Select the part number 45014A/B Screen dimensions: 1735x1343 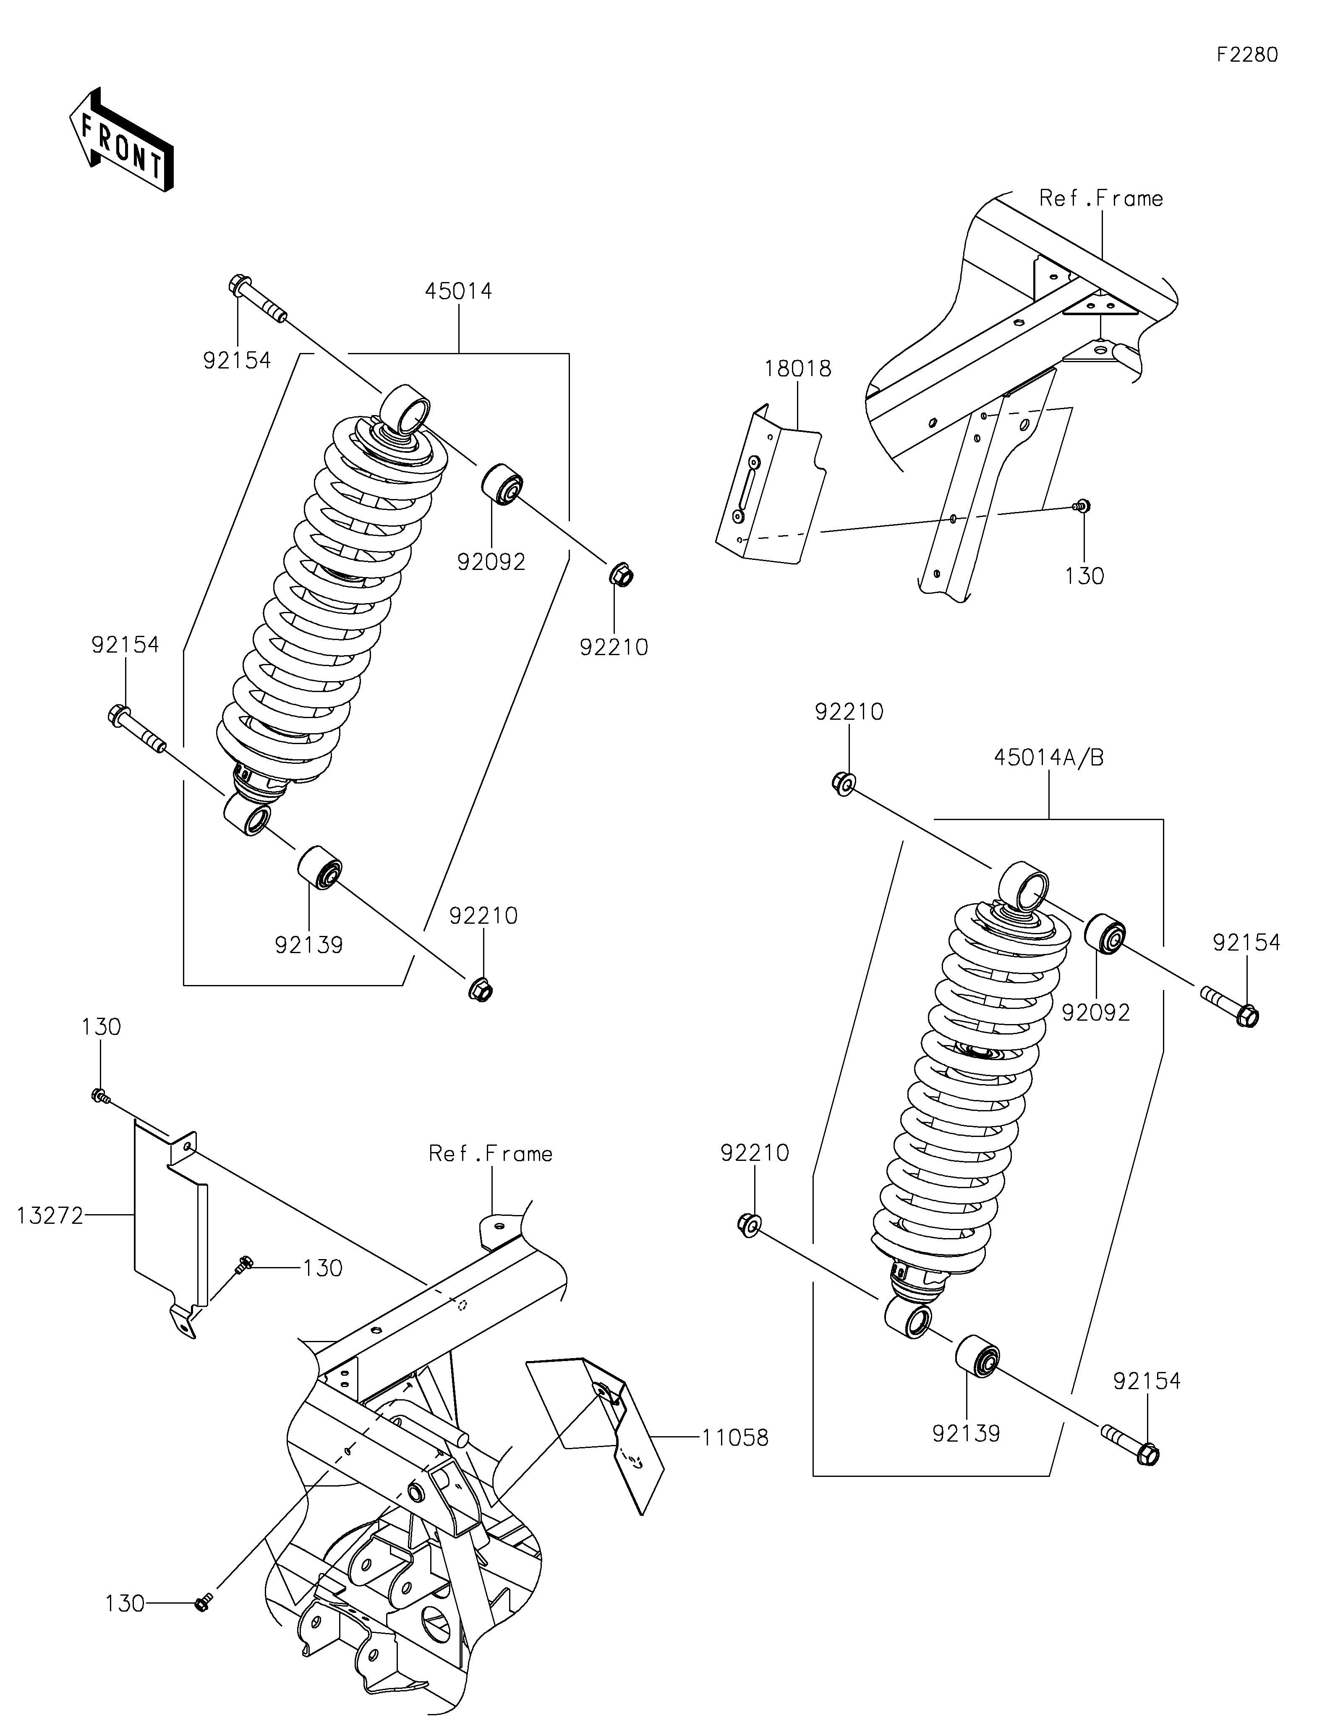(x=1048, y=758)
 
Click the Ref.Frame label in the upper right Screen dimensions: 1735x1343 (x=1101, y=199)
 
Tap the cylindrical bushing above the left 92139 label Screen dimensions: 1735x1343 (x=319, y=868)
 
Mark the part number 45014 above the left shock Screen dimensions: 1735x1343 (x=458, y=292)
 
